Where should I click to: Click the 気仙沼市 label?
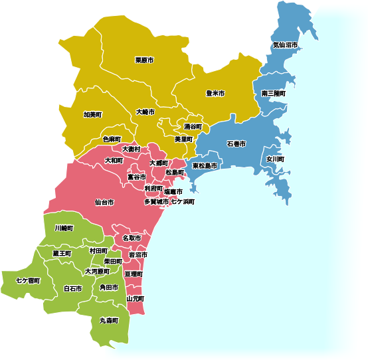[285, 45]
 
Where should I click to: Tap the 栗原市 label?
[144, 60]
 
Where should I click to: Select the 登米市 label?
[215, 93]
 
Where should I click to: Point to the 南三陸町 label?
[274, 94]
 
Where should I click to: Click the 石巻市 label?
[236, 143]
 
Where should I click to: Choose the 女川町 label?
[275, 159]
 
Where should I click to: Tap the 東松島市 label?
[205, 165]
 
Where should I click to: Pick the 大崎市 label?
[145, 112]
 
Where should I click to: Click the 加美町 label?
[92, 114]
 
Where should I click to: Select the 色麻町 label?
[112, 139]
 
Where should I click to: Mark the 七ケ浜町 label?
[183, 201]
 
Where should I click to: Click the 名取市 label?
[132, 238]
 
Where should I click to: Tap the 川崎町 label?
[64, 228]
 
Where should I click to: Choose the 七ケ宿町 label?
[29, 281]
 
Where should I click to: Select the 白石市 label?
[72, 289]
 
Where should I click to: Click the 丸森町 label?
[108, 320]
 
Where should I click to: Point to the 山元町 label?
[135, 299]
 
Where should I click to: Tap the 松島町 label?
[175, 172]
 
